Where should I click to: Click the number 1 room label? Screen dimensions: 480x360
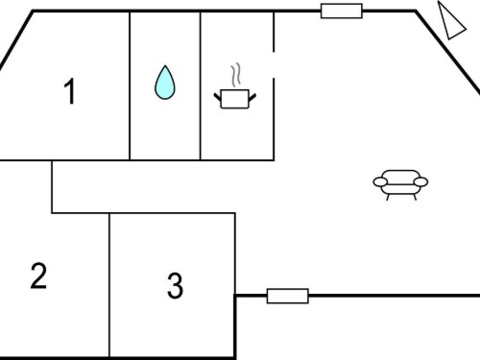pos(70,91)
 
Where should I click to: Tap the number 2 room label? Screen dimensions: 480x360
pos(38,276)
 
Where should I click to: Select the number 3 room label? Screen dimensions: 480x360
pos(175,285)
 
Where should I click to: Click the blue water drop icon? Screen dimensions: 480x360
pos(165,83)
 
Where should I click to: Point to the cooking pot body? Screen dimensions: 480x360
pos(235,99)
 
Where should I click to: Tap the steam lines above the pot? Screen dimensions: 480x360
pos(235,76)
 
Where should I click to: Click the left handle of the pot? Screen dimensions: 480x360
pos(218,97)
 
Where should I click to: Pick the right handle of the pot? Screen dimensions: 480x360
pos(252,97)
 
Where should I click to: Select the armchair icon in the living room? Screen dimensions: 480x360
pos(400,185)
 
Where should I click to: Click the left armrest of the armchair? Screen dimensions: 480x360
pos(380,182)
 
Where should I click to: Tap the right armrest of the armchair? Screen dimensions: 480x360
pos(420,182)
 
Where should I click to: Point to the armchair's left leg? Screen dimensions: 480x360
pos(388,197)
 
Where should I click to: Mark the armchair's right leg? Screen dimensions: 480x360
pos(415,197)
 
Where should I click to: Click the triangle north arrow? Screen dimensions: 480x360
pos(450,21)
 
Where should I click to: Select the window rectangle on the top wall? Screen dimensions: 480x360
pos(342,11)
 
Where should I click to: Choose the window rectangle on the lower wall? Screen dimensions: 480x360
pos(288,296)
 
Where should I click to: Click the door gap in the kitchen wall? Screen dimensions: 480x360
pos(274,64)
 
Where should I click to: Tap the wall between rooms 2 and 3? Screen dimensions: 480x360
pos(109,285)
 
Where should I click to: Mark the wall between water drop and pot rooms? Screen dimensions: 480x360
pos(201,85)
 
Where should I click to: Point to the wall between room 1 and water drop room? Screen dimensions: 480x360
pos(130,85)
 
